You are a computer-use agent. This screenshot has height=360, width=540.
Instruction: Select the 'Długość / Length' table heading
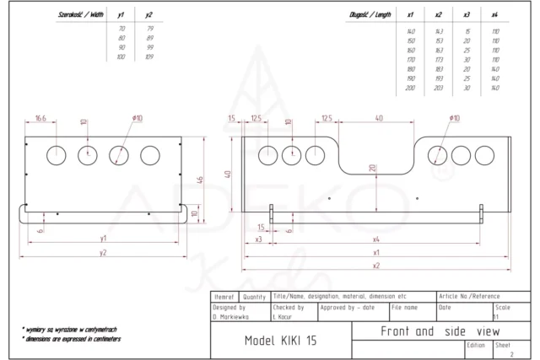[369, 14]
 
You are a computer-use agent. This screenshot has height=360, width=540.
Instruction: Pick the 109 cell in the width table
[149, 56]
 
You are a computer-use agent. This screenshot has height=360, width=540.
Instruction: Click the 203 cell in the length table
[438, 88]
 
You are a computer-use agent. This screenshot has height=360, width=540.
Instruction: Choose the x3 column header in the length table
[467, 14]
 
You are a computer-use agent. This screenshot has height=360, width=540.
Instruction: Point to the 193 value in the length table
[438, 78]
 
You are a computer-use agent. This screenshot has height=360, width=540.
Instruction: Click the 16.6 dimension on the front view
[40, 117]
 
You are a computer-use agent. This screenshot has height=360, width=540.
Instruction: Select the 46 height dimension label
[200, 180]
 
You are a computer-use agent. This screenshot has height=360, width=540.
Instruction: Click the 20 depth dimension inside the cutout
[372, 167]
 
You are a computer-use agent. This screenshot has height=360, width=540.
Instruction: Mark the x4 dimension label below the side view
[375, 239]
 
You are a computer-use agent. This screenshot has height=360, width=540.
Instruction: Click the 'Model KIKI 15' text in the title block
[281, 341]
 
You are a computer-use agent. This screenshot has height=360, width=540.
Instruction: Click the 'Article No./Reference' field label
[469, 297]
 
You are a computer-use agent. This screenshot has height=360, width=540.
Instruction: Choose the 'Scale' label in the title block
[502, 308]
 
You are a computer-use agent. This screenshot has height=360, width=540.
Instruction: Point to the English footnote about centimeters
[72, 339]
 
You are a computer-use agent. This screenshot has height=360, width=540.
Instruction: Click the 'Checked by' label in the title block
[288, 308]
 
